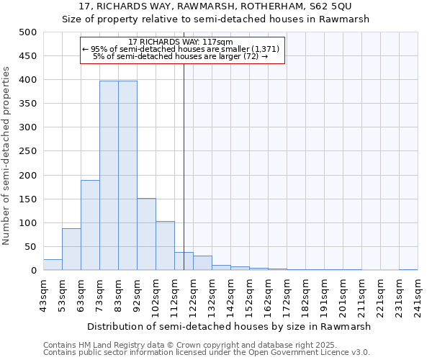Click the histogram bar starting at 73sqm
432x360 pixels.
(x=109, y=176)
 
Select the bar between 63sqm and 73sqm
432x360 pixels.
(x=90, y=225)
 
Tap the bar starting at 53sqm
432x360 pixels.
(x=71, y=249)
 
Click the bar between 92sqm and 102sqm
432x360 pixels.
(x=146, y=234)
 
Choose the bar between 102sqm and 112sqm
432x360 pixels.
(x=165, y=246)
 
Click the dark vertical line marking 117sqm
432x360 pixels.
(x=184, y=166)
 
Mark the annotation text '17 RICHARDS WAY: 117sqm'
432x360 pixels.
(x=184, y=42)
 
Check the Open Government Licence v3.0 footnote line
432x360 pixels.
(x=206, y=352)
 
